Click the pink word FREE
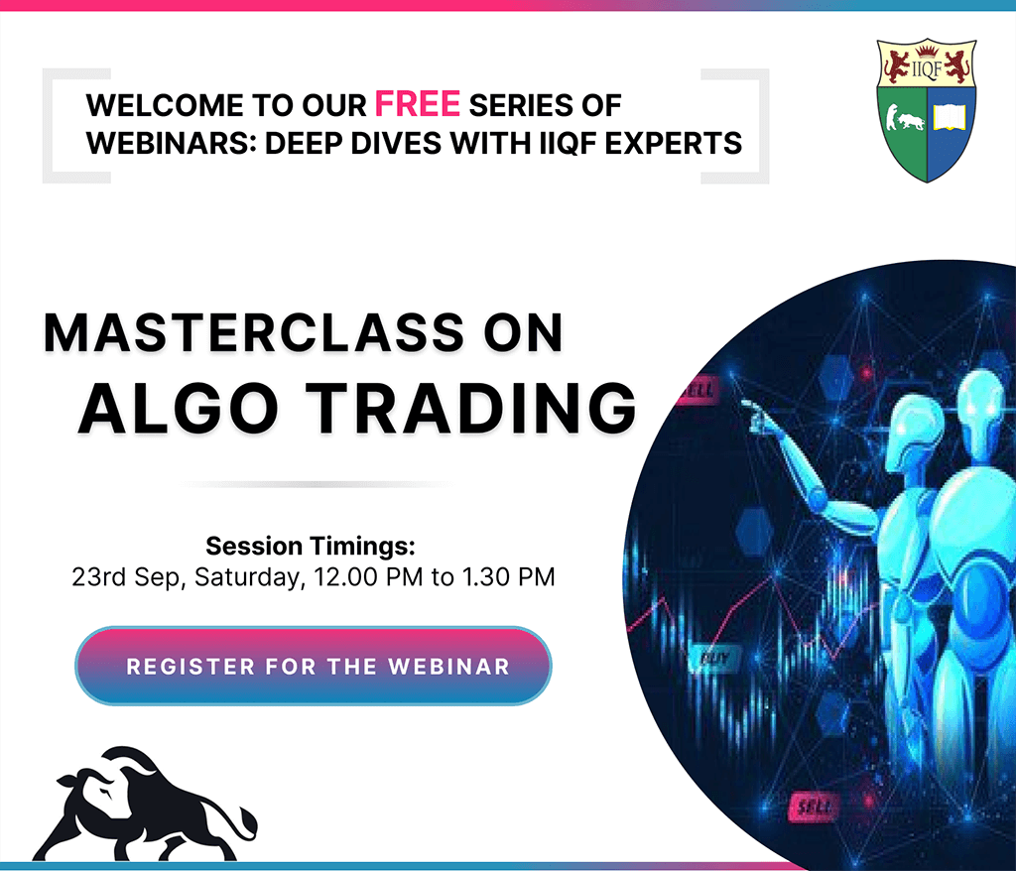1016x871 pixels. [x=418, y=104]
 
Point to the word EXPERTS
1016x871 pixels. [x=674, y=143]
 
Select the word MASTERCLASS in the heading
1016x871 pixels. [x=254, y=333]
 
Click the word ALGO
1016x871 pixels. [x=179, y=409]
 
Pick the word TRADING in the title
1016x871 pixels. [x=471, y=409]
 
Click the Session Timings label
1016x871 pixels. [x=311, y=547]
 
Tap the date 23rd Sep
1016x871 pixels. [x=129, y=576]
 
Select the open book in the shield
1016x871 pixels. [x=950, y=118]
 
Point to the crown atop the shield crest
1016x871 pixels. [x=927, y=50]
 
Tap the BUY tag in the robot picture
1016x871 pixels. [x=714, y=659]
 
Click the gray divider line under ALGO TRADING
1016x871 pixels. [x=316, y=484]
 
